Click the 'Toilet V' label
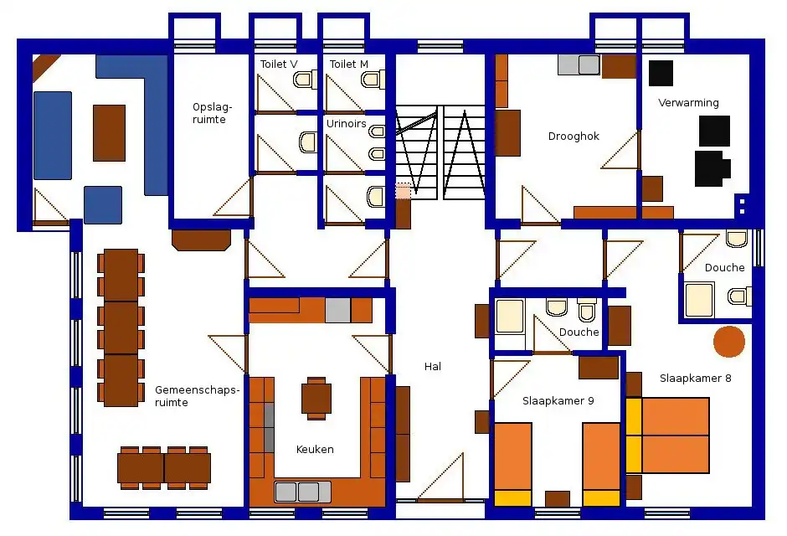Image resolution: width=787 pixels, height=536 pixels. click(x=279, y=64)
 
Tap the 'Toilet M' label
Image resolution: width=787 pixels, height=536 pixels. click(x=349, y=64)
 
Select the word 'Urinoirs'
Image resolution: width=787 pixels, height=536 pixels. click(x=347, y=123)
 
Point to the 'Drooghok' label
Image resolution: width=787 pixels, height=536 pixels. click(x=574, y=137)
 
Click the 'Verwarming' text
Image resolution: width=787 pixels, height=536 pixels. click(x=688, y=103)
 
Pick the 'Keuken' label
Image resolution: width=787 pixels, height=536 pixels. click(x=315, y=450)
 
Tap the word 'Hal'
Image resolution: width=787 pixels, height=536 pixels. click(x=433, y=367)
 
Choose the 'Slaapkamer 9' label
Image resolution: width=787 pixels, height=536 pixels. click(x=558, y=401)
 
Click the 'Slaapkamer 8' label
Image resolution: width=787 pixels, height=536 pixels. click(x=696, y=379)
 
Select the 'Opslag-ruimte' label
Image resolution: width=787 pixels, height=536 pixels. click(x=213, y=113)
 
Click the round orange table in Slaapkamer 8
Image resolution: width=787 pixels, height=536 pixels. click(x=728, y=342)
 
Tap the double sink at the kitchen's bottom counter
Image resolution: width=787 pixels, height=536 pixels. click(x=302, y=492)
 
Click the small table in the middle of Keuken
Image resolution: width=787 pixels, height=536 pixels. click(x=316, y=399)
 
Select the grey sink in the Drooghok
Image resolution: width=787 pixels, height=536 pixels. click(x=579, y=64)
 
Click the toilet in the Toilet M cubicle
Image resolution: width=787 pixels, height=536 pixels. click(x=373, y=80)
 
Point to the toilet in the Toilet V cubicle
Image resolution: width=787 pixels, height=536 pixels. click(x=305, y=80)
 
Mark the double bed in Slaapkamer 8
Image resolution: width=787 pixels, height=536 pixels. click(x=667, y=435)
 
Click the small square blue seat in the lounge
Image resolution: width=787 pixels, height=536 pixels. click(x=103, y=205)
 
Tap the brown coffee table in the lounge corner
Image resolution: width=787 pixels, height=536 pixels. click(x=109, y=133)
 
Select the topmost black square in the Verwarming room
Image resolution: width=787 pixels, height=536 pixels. click(x=661, y=73)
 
